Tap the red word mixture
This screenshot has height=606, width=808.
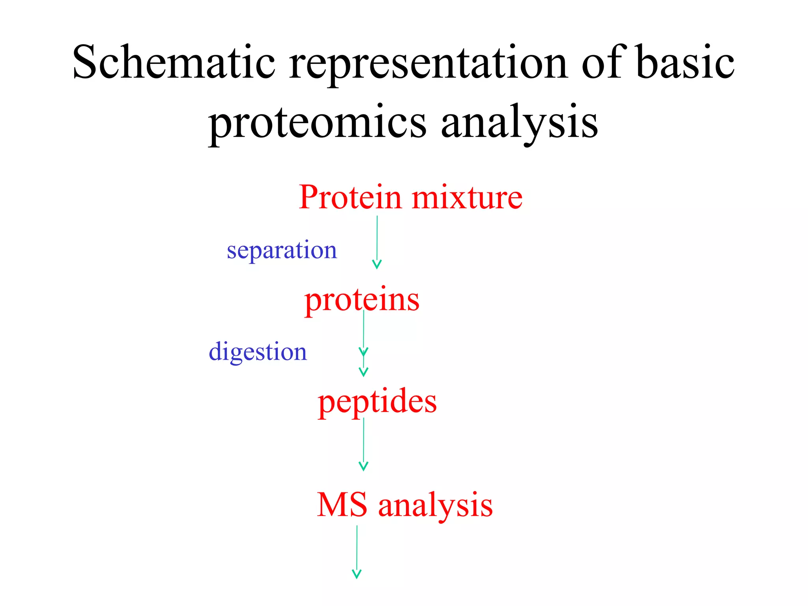coord(467,197)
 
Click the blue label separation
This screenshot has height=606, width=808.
coord(282,250)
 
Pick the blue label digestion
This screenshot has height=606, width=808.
coord(258,352)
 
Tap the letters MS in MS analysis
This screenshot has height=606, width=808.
coord(342,505)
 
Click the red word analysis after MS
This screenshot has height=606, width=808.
coord(436,506)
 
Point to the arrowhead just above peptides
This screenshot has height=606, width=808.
coord(363,372)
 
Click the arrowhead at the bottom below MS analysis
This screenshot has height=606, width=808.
coord(356,574)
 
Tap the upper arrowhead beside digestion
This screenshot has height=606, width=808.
coord(363,351)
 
